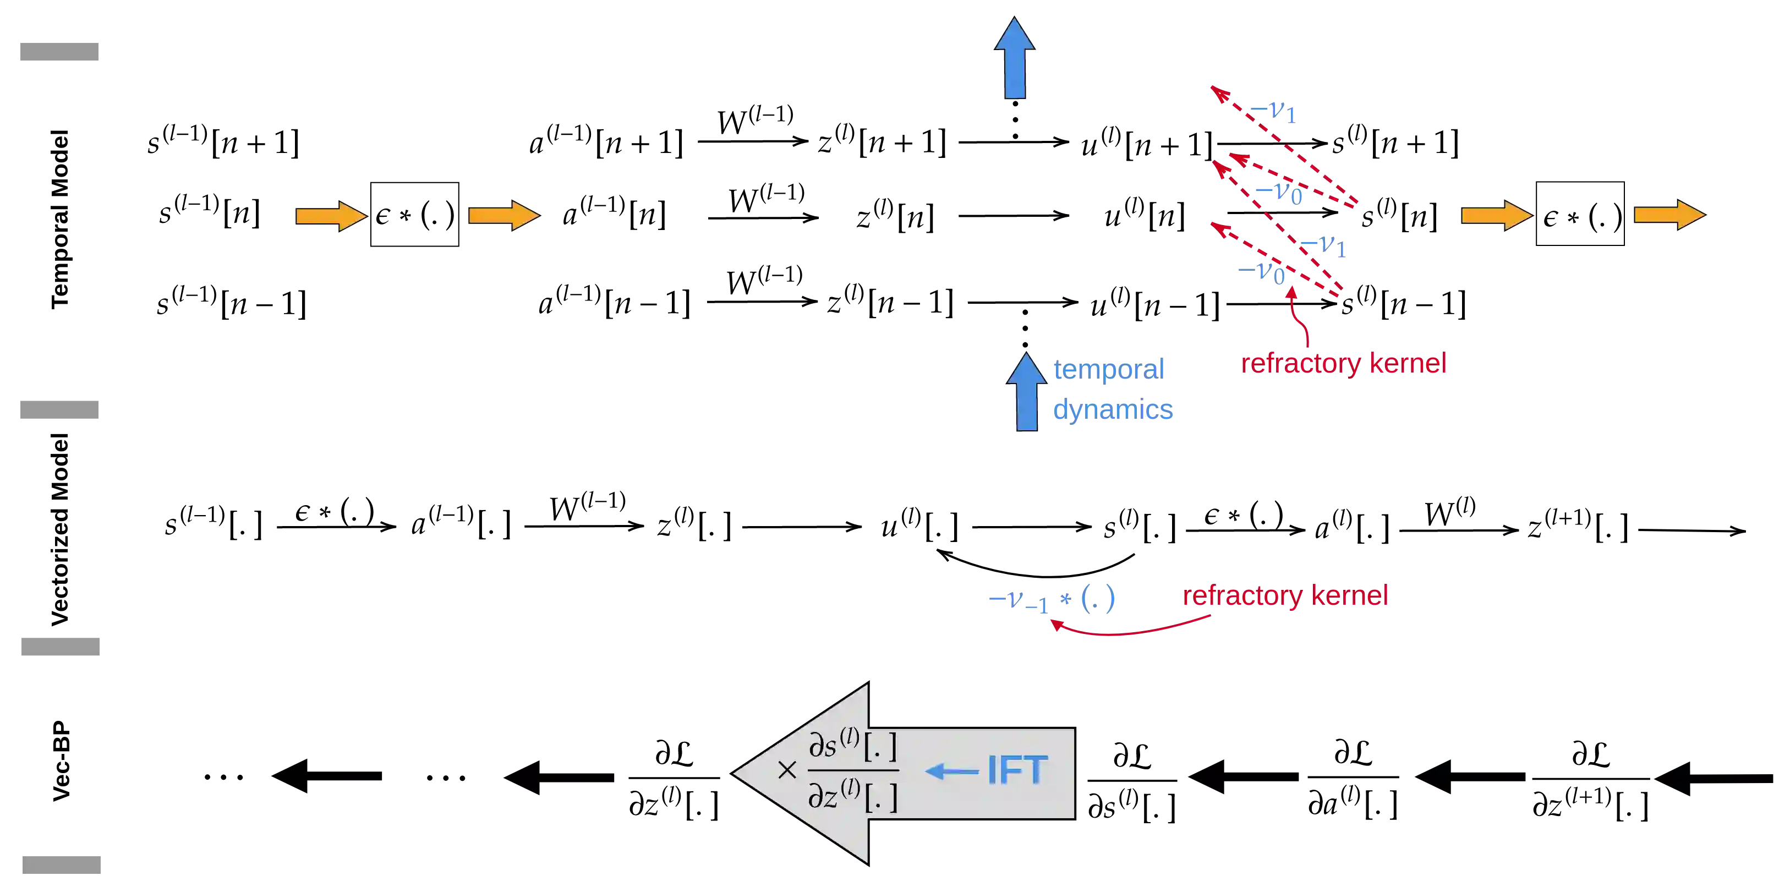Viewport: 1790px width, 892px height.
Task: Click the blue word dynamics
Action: point(1113,409)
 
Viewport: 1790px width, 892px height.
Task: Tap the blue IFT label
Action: point(1017,770)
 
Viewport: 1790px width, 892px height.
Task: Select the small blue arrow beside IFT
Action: point(952,771)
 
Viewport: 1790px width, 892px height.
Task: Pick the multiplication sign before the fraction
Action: point(787,770)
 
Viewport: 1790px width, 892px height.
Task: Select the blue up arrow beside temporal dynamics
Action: point(1026,392)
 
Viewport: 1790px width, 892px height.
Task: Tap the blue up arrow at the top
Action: point(1015,58)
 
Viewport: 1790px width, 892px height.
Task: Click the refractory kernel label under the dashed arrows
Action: point(1344,363)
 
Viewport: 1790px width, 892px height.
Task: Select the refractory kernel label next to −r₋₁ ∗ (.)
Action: point(1286,596)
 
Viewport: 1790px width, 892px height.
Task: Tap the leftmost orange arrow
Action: point(331,216)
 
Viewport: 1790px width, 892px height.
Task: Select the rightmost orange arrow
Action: point(1669,215)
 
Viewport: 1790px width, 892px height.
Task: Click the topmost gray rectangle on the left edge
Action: point(59,51)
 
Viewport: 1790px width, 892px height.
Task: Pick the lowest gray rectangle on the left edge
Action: point(61,865)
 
